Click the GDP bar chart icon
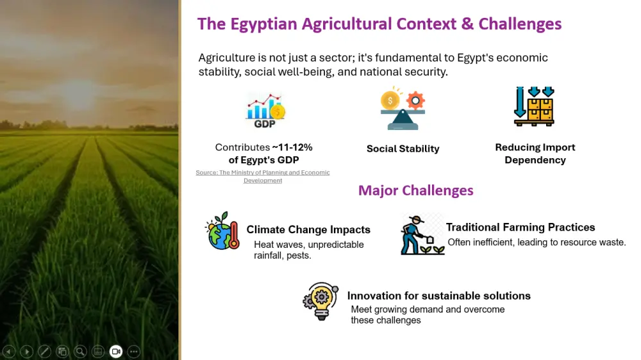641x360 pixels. (x=265, y=110)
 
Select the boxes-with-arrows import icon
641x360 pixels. (x=534, y=106)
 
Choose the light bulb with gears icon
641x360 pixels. (x=320, y=301)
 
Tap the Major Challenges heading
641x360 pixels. (x=415, y=190)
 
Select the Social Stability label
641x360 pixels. (x=403, y=149)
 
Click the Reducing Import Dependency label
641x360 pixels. (x=535, y=154)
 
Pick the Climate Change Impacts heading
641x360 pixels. (x=308, y=229)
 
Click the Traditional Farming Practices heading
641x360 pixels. (x=520, y=227)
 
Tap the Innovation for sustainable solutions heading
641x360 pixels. (x=438, y=296)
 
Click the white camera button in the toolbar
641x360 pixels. (x=116, y=351)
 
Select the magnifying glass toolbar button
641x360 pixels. (x=80, y=351)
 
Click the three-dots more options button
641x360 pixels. (x=133, y=351)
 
